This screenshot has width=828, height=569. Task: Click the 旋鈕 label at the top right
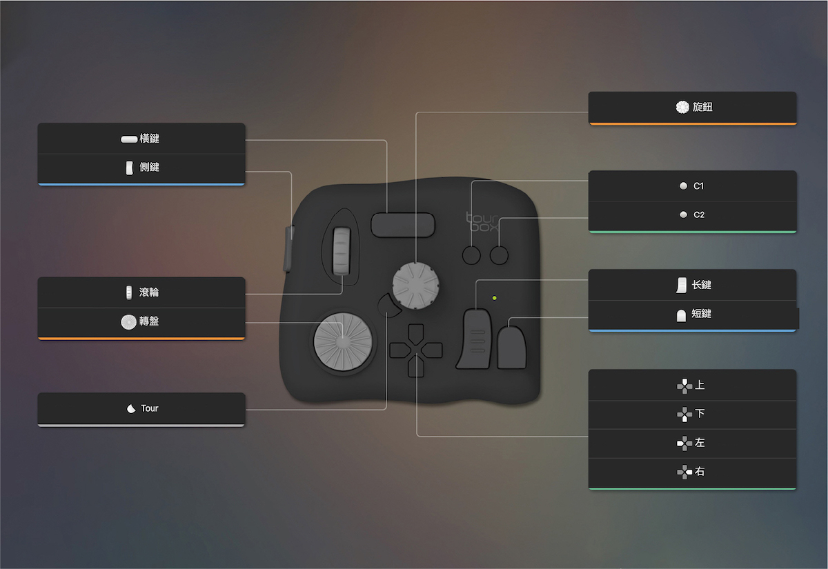(692, 107)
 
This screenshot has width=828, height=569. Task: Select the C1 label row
(692, 186)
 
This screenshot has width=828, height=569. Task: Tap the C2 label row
(692, 214)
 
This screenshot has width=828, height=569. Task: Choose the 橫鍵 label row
(141, 139)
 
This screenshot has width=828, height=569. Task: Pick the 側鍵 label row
(141, 168)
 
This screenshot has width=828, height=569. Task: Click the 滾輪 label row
(141, 292)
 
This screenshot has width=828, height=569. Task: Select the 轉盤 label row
(141, 321)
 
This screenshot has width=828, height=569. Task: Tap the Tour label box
(141, 408)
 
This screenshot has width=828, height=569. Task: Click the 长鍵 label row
(692, 285)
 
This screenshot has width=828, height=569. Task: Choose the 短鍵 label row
(692, 314)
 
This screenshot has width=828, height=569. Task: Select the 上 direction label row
(692, 386)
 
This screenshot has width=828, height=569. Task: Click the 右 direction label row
(692, 472)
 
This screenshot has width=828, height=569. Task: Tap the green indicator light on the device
(494, 298)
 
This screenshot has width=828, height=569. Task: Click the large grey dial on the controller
(343, 342)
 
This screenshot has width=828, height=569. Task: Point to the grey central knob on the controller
(415, 286)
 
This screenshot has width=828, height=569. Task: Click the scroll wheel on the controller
(342, 251)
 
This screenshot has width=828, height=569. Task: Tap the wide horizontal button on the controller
(403, 225)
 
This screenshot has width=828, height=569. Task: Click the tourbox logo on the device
(482, 221)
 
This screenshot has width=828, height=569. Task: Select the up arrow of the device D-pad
(416, 334)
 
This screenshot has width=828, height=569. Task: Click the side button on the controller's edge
(288, 249)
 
